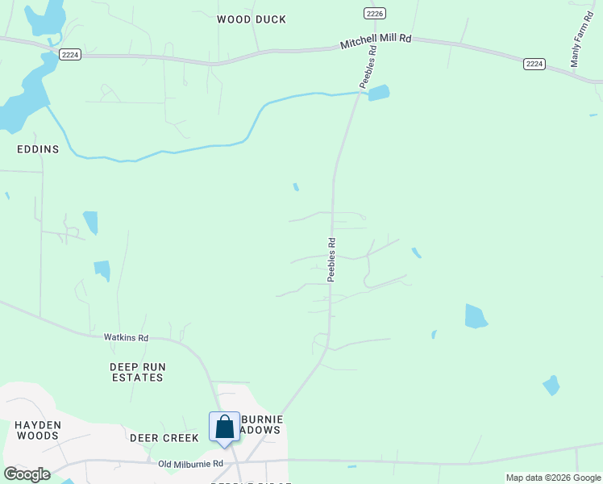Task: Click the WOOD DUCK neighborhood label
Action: pyautogui.click(x=252, y=19)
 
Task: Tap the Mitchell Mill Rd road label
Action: pyautogui.click(x=376, y=42)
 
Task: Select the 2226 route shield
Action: pyautogui.click(x=374, y=13)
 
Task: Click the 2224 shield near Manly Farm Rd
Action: pyautogui.click(x=534, y=64)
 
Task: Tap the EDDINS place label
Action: pyautogui.click(x=38, y=149)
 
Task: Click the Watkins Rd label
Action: pyautogui.click(x=126, y=338)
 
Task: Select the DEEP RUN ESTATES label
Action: pyautogui.click(x=138, y=372)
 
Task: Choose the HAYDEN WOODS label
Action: pyautogui.click(x=37, y=430)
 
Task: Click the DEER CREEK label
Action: pyautogui.click(x=164, y=438)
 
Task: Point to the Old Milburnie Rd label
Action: pyautogui.click(x=190, y=464)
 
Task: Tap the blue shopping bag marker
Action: pyautogui.click(x=225, y=428)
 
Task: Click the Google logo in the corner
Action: pyautogui.click(x=27, y=474)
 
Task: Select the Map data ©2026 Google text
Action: pyautogui.click(x=553, y=478)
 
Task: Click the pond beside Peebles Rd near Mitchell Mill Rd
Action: pyautogui.click(x=379, y=93)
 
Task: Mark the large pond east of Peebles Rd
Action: pyautogui.click(x=476, y=316)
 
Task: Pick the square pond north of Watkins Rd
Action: pyautogui.click(x=102, y=269)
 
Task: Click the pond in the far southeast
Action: pyautogui.click(x=551, y=386)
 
